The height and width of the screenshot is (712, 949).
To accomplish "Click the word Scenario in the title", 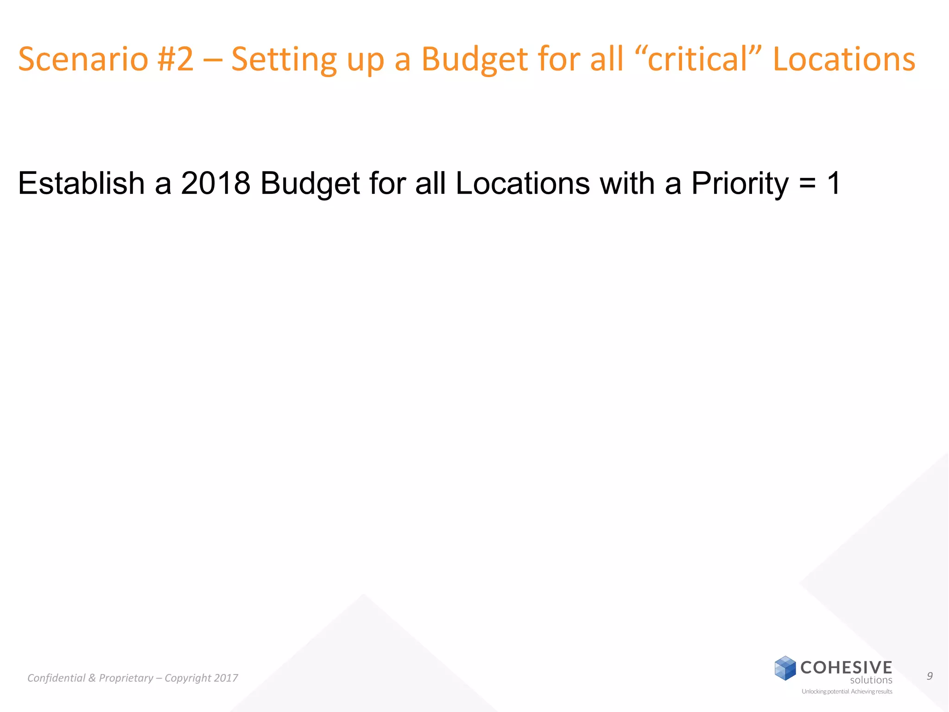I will tap(82, 59).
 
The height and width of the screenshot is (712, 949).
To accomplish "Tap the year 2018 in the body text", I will tap(215, 183).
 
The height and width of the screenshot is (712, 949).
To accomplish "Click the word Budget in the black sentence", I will tap(310, 184).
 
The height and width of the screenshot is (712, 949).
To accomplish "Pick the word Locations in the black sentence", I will tap(523, 183).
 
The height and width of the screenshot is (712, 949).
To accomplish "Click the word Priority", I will tap(740, 184).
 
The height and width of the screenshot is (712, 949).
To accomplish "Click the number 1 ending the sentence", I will tap(834, 183).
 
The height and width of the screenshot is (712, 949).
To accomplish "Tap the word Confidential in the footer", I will tap(57, 678).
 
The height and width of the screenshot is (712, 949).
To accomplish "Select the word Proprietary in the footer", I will tap(126, 678).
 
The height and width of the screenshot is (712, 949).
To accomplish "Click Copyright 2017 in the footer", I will tap(201, 678).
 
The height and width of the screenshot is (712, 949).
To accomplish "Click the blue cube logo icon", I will tap(785, 668).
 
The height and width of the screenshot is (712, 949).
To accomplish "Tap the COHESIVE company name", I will tap(846, 667).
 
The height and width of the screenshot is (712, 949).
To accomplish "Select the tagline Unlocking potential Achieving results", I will tap(847, 692).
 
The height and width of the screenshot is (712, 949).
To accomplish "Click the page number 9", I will tap(930, 676).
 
